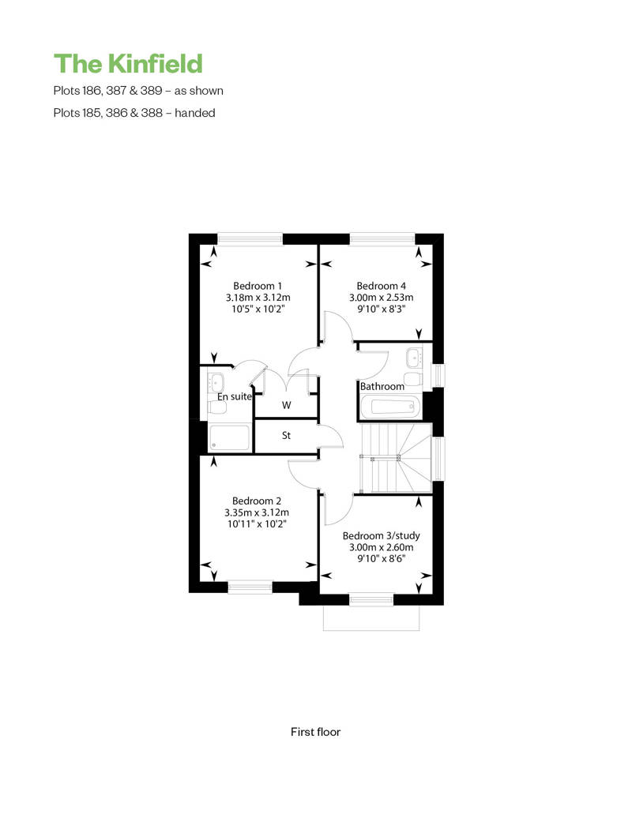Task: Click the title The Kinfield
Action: (x=128, y=64)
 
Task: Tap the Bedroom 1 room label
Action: (x=258, y=286)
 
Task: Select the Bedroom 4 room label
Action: (x=381, y=286)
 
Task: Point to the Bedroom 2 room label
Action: (x=257, y=501)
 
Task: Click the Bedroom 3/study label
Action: (x=381, y=536)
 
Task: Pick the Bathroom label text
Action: (x=382, y=387)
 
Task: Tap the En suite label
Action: (x=235, y=396)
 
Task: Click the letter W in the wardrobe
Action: (x=287, y=405)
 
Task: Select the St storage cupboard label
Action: (x=286, y=435)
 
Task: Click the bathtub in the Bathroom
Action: (x=389, y=406)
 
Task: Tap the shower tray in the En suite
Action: (x=230, y=437)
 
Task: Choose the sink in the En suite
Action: (x=216, y=382)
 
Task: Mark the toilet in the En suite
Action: (x=217, y=407)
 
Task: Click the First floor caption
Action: (x=315, y=732)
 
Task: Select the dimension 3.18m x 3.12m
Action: (x=258, y=298)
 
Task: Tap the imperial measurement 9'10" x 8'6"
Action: (x=381, y=559)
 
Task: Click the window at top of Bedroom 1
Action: (x=250, y=238)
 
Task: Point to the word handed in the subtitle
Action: (x=195, y=113)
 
